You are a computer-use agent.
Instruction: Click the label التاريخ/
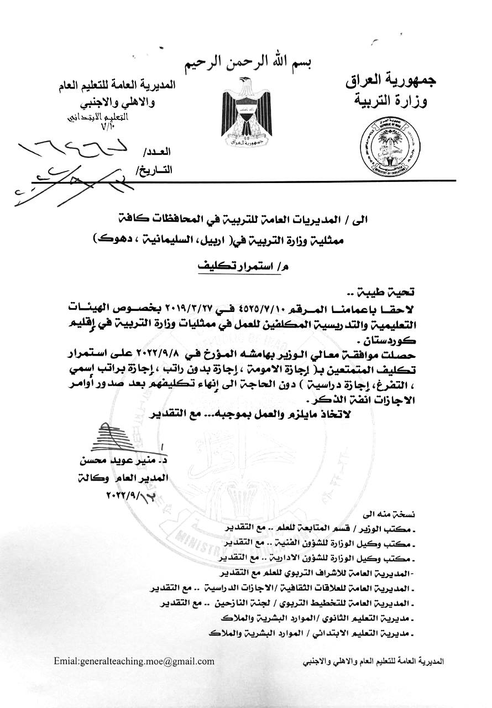[154, 170]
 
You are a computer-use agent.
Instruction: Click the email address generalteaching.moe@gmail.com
[134, 661]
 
